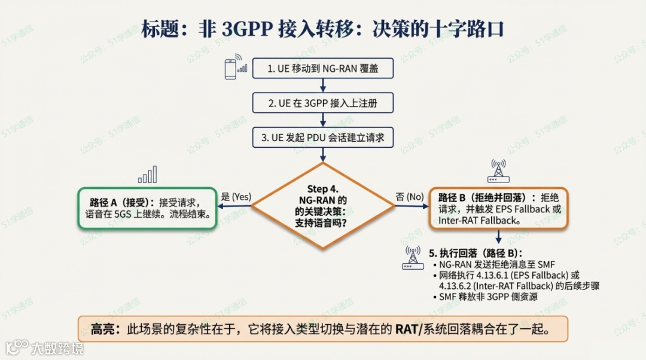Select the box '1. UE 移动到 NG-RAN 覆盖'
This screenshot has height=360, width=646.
(323, 69)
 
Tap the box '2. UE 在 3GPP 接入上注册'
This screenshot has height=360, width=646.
(323, 103)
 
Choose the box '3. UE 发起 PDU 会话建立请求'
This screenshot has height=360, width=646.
(323, 138)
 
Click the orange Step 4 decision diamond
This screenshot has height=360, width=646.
(323, 206)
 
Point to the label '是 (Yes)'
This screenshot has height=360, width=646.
(236, 196)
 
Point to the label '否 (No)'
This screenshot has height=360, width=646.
(410, 196)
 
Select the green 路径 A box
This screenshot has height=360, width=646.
(147, 208)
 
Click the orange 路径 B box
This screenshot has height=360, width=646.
(499, 208)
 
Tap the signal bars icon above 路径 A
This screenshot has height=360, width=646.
(147, 175)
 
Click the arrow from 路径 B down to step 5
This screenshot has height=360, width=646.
(499, 236)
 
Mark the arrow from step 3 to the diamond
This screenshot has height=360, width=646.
(323, 154)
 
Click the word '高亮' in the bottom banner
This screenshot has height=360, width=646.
(101, 329)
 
